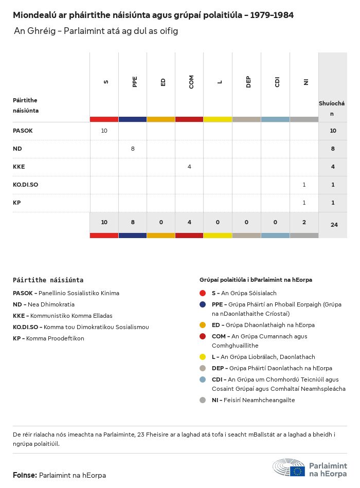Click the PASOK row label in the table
pos(23,131)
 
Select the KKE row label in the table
pos(19,167)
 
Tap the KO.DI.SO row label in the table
pos(25,185)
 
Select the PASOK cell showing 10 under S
pos(104,131)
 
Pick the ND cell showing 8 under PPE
pos(133,149)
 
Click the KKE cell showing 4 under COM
pos(189,167)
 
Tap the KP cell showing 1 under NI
pos(304,203)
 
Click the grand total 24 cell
pos(334,224)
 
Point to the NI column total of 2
pos(304,222)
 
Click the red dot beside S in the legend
pos(203,293)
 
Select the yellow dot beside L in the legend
pos(203,357)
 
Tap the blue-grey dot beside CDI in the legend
pos(203,379)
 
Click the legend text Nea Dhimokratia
pos(51,304)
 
